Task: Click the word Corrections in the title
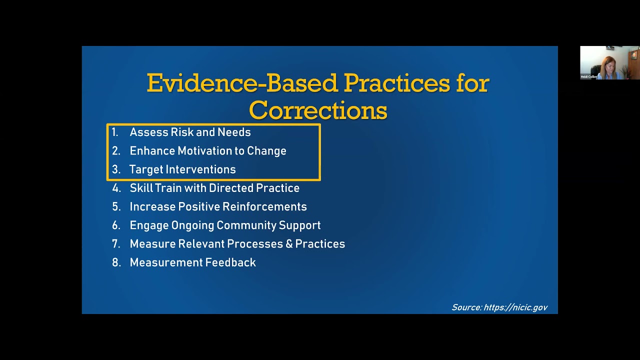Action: (318, 110)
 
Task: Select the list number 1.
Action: (115, 132)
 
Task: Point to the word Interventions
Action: (200, 169)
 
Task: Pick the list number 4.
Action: (116, 188)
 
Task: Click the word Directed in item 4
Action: (231, 188)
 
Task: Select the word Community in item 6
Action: (246, 225)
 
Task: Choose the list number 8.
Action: (116, 262)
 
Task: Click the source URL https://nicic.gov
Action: (515, 307)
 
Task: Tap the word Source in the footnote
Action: (467, 307)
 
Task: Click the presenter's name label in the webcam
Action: (589, 76)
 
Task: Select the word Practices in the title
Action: (396, 83)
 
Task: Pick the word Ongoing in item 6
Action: (192, 225)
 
